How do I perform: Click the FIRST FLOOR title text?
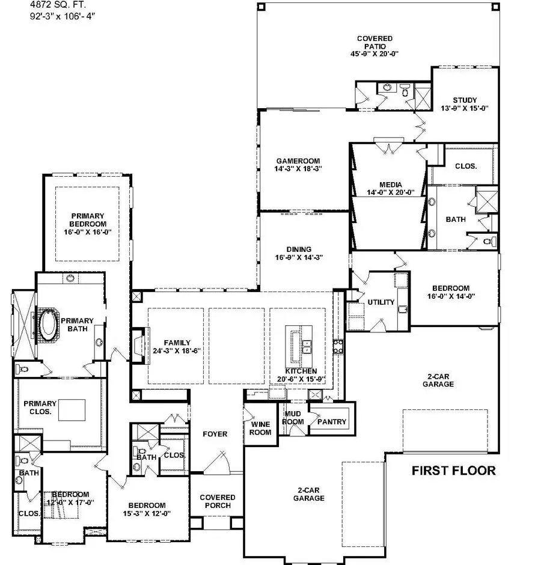click(454, 471)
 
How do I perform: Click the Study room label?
click(465, 100)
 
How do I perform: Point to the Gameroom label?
click(298, 161)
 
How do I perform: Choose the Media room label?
click(390, 185)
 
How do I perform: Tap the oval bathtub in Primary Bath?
click(47, 325)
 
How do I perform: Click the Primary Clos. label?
click(39, 408)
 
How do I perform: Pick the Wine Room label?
click(260, 428)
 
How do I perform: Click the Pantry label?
click(332, 422)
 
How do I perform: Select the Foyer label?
click(215, 433)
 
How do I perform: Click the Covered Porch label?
click(217, 501)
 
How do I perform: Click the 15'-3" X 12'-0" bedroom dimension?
click(147, 513)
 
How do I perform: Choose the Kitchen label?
click(301, 371)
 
